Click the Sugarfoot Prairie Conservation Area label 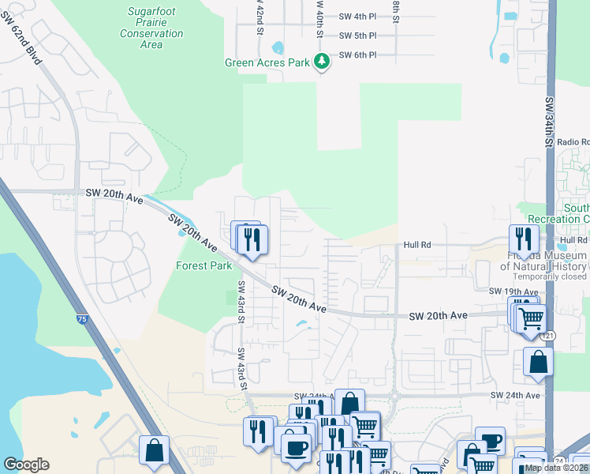151,28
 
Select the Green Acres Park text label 267,62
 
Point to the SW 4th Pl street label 357,16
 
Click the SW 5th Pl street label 357,36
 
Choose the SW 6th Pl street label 357,55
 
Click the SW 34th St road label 547,122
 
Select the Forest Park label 204,266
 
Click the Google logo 26,465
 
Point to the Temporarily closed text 550,277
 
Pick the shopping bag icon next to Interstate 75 155,450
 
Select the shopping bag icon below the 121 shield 538,362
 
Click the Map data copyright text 556,468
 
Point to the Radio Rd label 572,141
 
